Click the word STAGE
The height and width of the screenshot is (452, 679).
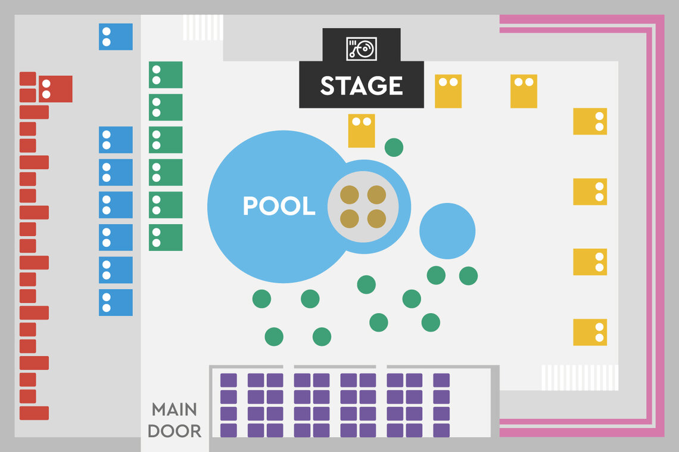click(362, 86)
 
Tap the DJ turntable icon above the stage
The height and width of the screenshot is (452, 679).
click(362, 48)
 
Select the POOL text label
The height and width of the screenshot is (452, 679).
click(279, 206)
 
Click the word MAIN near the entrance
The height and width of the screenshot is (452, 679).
click(174, 410)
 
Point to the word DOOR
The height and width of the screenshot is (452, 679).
click(174, 431)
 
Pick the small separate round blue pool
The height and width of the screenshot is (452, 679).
click(447, 231)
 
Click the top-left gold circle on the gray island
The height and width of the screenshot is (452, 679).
click(349, 194)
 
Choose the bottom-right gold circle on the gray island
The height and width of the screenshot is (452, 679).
click(376, 219)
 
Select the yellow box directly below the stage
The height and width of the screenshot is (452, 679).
click(362, 131)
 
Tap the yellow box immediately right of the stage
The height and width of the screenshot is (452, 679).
click(448, 91)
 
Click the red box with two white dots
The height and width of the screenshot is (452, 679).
click(55, 89)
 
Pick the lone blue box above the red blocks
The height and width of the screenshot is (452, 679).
click(116, 36)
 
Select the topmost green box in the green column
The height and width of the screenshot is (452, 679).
click(166, 75)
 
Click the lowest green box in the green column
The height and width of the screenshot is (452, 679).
click(166, 237)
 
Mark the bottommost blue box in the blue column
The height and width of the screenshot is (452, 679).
click(116, 302)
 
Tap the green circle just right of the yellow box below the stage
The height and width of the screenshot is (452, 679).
click(394, 147)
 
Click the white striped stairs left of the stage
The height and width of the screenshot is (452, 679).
click(203, 27)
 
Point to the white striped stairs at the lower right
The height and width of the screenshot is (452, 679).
click(580, 377)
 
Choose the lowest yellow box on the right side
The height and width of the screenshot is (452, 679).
click(590, 332)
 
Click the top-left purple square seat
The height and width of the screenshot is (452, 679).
click(229, 380)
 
